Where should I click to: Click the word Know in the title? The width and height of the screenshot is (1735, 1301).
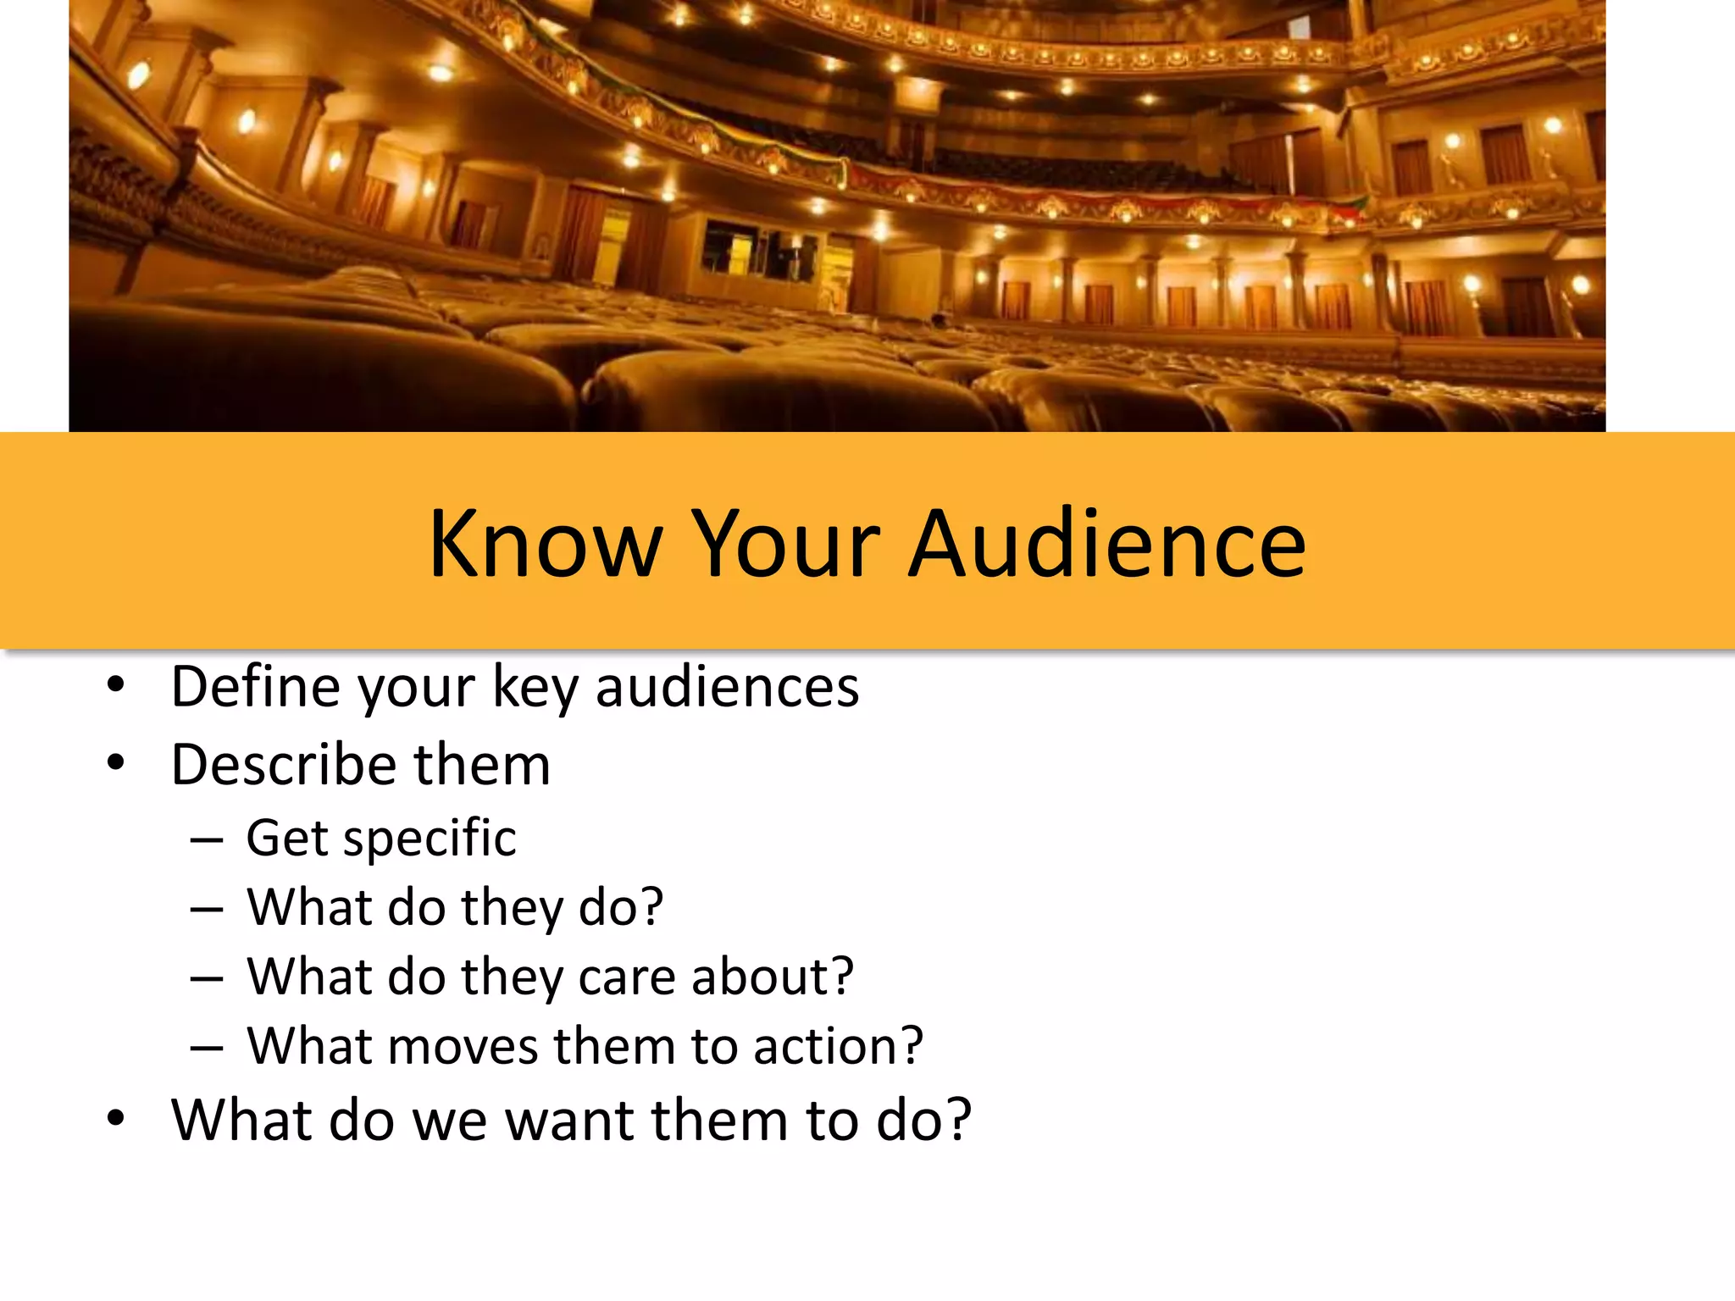coord(545,544)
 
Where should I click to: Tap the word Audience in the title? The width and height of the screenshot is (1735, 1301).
coord(1107,544)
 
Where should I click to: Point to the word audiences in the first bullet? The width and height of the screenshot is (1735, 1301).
coord(727,686)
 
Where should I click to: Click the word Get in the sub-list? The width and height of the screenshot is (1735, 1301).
coord(287,838)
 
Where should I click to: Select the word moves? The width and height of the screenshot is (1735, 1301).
coord(463,1046)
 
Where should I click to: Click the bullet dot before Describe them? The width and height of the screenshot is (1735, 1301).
coord(116,763)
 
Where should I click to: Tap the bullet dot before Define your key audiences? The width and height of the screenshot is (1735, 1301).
coord(116,684)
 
